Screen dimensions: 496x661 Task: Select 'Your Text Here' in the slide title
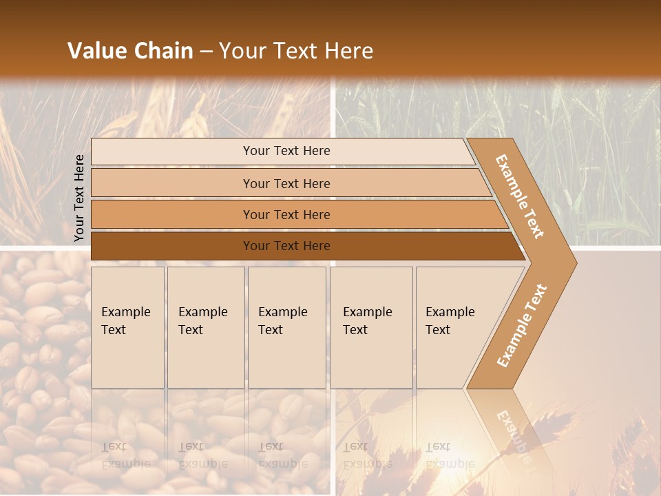pos(296,51)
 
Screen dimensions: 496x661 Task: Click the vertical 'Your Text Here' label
pos(79,198)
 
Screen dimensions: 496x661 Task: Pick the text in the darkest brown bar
pos(286,246)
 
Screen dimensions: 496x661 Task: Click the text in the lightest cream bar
pos(286,151)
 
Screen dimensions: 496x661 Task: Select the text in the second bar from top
pos(286,184)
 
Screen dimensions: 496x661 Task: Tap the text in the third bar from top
pos(286,215)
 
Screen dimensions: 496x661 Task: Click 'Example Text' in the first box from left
pos(125,321)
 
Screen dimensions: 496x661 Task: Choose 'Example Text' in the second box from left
pos(202,321)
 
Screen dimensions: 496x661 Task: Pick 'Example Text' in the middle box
pos(282,321)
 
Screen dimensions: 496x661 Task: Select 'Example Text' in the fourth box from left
pos(367,321)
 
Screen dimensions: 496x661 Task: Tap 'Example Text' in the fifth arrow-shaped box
pos(450,321)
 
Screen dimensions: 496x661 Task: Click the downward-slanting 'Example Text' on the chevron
pos(520,196)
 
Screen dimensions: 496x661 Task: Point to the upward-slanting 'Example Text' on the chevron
pos(522,326)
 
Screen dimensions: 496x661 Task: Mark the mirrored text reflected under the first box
pos(125,455)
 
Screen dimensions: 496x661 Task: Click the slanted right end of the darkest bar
pos(518,247)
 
